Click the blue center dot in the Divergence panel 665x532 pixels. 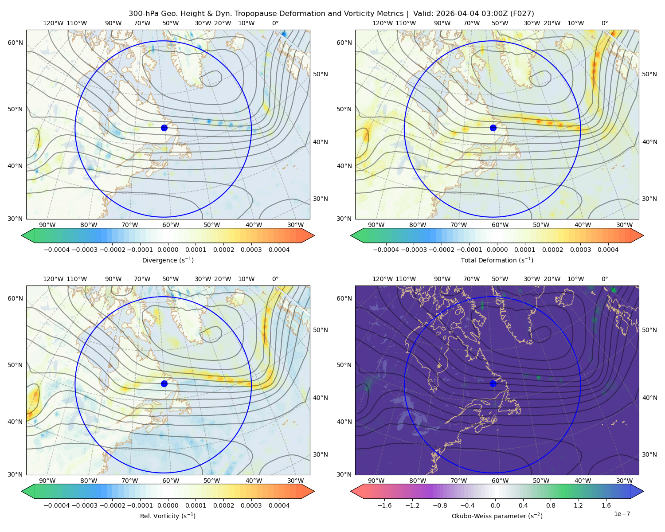(164, 128)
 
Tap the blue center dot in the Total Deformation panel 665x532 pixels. (493, 128)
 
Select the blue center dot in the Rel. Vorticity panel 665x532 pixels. (164, 383)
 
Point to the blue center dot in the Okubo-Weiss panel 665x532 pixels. (493, 383)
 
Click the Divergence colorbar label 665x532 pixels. (168, 260)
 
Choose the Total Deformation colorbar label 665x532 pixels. (497, 260)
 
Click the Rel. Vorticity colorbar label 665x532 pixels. (168, 516)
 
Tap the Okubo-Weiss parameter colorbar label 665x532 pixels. (497, 516)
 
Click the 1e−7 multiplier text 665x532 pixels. (622, 514)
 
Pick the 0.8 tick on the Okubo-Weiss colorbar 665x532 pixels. (551, 505)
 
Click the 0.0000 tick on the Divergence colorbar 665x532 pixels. (168, 250)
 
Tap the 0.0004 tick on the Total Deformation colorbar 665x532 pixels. (608, 250)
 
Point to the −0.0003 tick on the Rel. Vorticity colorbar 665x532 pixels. (84, 505)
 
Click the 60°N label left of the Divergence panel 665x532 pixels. (15, 43)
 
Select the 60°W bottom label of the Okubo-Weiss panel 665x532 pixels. (500, 481)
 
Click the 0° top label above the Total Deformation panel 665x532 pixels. (604, 23)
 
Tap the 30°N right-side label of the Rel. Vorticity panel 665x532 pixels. (321, 454)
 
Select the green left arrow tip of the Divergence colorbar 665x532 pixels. (22, 235)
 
